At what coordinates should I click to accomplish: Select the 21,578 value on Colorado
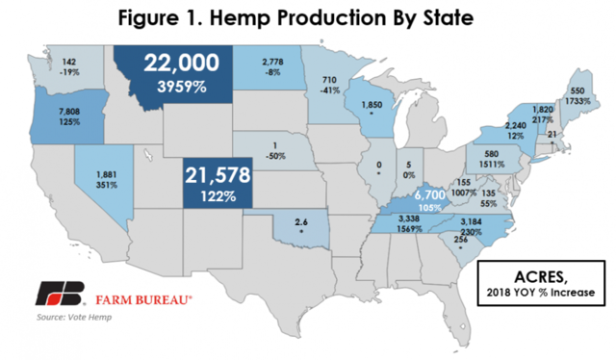219,177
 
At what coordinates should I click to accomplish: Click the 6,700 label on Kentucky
429,196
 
